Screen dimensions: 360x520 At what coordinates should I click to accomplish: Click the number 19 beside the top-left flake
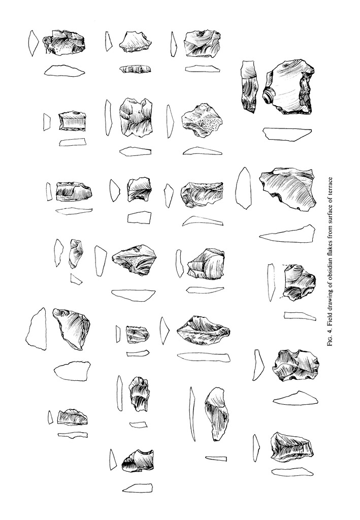point(48,52)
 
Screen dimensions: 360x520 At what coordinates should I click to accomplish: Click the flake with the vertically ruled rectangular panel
point(72,121)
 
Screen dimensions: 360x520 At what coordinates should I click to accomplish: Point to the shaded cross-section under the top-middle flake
point(135,69)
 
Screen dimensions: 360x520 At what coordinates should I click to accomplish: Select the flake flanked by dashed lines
point(299,282)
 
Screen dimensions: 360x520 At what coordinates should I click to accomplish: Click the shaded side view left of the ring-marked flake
point(249,86)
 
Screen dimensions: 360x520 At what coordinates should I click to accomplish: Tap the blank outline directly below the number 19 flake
point(64,70)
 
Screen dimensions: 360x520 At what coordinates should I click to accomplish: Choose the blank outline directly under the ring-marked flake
point(287,134)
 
